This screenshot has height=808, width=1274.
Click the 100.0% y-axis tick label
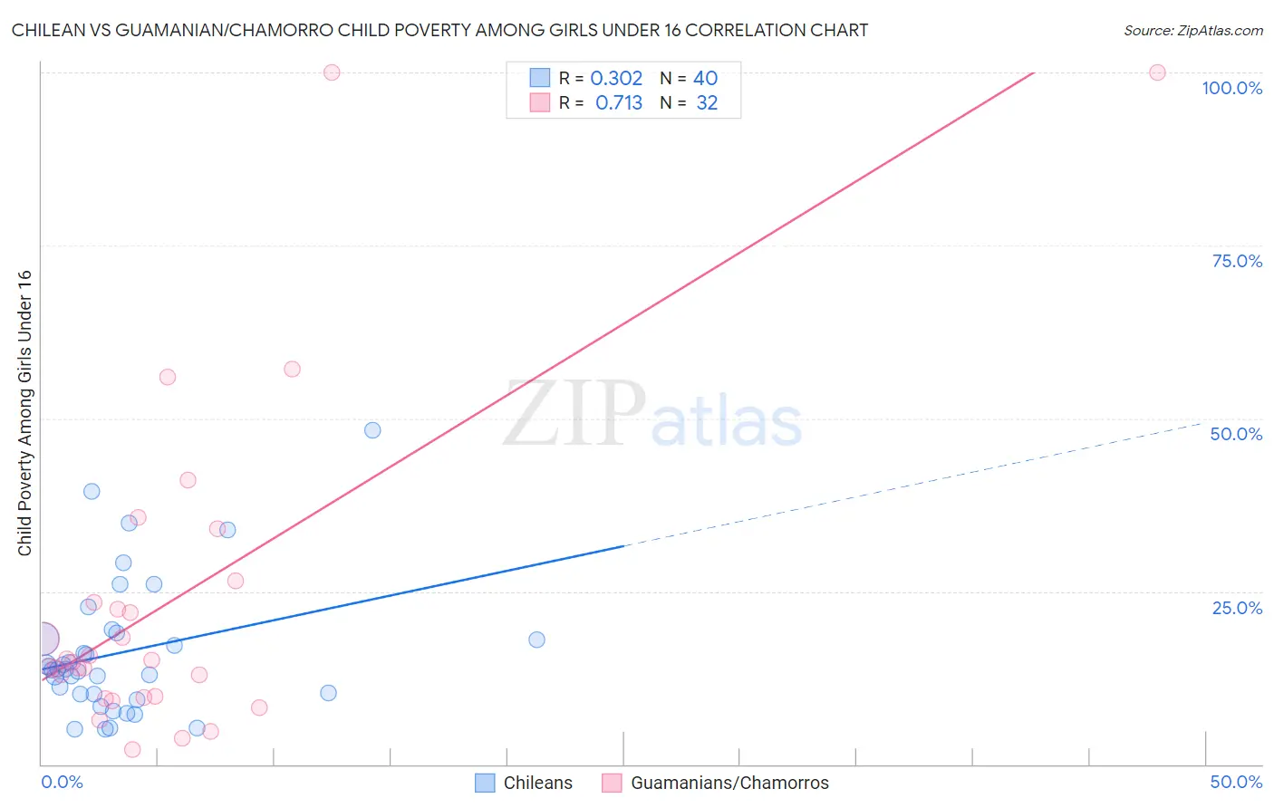[1231, 88]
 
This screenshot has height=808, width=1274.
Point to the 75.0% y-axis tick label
[1237, 261]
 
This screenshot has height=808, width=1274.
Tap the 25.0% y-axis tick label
[1237, 608]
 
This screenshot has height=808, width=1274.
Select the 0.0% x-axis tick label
[62, 782]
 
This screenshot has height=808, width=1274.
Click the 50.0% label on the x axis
[1236, 782]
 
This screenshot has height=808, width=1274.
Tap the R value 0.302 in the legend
[616, 79]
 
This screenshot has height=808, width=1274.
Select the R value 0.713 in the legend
[619, 103]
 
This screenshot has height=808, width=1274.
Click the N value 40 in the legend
[705, 79]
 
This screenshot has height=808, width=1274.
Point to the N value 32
[707, 103]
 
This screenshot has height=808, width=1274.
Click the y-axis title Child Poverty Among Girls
[24, 413]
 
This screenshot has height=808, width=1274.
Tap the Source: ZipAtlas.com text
[1192, 31]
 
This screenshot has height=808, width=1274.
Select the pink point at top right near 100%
[1157, 72]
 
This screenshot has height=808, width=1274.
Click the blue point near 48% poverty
[372, 430]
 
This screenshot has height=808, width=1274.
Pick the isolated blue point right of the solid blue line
[536, 640]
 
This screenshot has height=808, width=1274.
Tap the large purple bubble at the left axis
[42, 640]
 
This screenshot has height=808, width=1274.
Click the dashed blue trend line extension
[906, 485]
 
